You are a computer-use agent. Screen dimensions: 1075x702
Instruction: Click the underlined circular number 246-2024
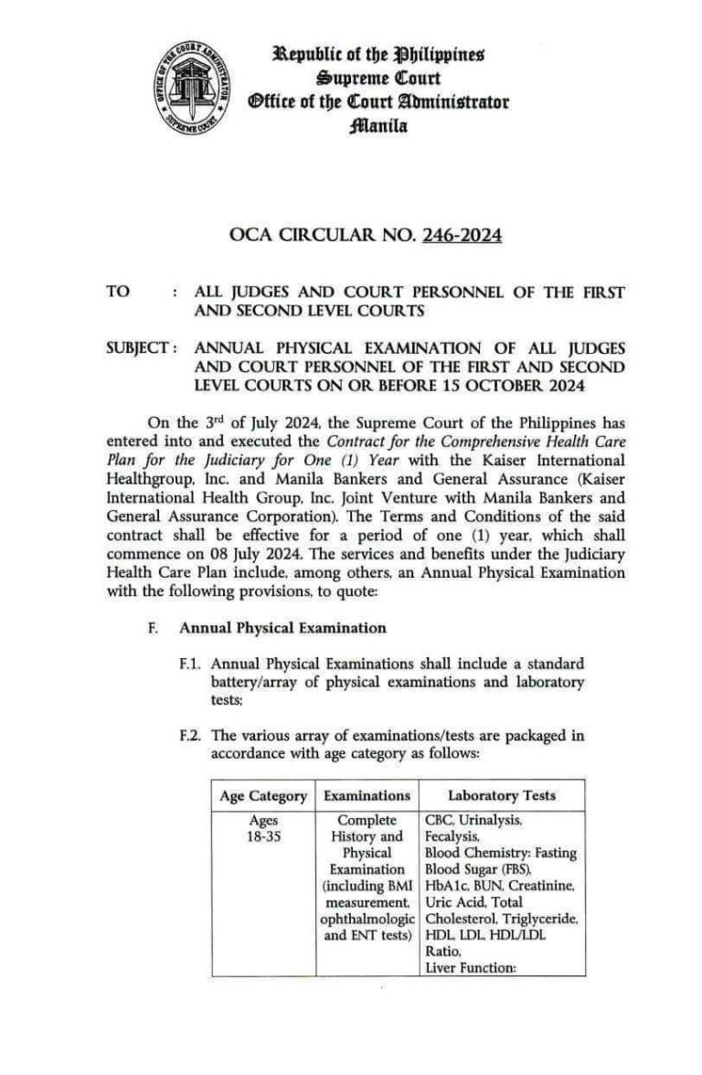coord(462,237)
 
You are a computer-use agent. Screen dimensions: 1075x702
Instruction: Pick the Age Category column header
coord(263,795)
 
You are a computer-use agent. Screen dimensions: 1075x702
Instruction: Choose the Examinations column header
coord(367,795)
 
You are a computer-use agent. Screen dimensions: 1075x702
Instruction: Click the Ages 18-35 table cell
coord(263,828)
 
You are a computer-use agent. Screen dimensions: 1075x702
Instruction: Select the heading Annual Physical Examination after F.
coord(282,628)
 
